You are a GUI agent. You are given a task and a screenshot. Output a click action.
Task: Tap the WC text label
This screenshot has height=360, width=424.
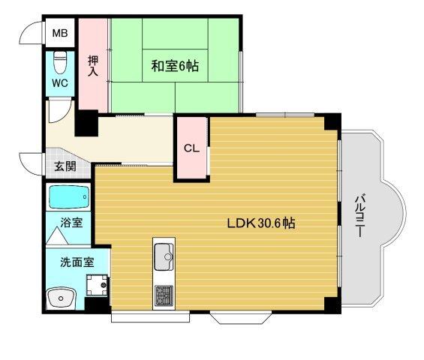[60, 82]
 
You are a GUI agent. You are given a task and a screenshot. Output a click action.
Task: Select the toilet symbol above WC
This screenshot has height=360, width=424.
[61, 61]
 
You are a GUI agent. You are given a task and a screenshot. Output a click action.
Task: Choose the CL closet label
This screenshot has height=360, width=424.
[192, 148]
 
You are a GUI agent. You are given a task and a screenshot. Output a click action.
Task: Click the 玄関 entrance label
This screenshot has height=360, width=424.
[64, 166]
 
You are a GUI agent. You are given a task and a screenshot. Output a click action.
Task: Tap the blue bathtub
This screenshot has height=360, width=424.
[69, 197]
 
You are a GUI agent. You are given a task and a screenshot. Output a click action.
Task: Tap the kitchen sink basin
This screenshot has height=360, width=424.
[164, 259]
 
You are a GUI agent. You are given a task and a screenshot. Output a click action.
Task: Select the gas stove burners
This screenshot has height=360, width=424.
[164, 295]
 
